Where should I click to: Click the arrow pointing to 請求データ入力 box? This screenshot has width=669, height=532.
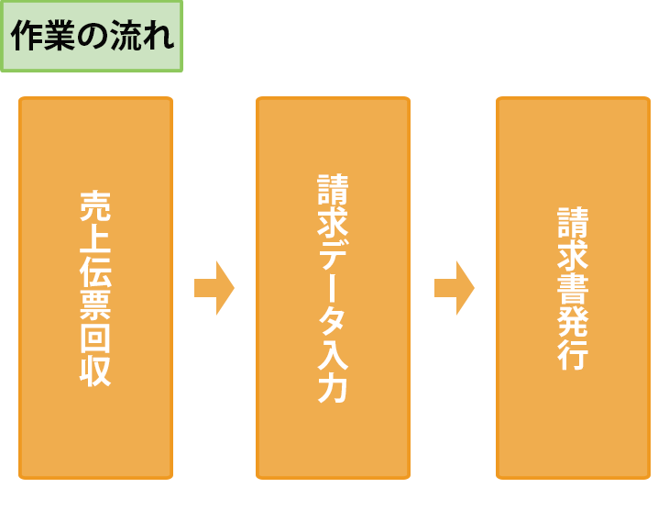pyautogui.click(x=214, y=288)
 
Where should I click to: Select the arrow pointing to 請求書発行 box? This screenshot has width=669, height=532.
pyautogui.click(x=455, y=288)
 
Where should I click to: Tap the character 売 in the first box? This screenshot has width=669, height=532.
pyautogui.click(x=95, y=206)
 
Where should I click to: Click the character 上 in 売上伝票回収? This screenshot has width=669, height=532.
pyautogui.click(x=95, y=239)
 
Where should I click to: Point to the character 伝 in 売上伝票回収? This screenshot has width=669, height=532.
pyautogui.click(x=95, y=272)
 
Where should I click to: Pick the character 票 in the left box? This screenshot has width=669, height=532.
pyautogui.click(x=95, y=305)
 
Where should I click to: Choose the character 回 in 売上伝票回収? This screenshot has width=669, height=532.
pyautogui.click(x=95, y=338)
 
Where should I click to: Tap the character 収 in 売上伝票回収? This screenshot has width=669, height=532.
pyautogui.click(x=95, y=371)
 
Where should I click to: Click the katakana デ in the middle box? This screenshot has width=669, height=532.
pyautogui.click(x=334, y=255)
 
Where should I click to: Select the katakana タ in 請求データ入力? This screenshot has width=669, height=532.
pyautogui.click(x=334, y=321)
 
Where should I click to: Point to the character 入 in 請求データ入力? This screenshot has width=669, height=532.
pyautogui.click(x=334, y=354)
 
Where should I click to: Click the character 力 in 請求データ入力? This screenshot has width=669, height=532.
pyautogui.click(x=334, y=387)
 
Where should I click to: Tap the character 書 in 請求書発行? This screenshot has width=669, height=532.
pyautogui.click(x=573, y=288)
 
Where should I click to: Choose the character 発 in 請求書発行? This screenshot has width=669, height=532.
pyautogui.click(x=573, y=321)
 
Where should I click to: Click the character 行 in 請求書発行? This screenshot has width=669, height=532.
pyautogui.click(x=573, y=354)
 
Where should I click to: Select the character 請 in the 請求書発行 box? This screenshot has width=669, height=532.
pyautogui.click(x=573, y=223)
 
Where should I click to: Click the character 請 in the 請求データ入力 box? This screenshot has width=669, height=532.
pyautogui.click(x=334, y=190)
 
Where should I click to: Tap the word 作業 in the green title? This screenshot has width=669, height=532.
pyautogui.click(x=43, y=36)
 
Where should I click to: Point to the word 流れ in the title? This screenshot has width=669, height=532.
pyautogui.click(x=142, y=36)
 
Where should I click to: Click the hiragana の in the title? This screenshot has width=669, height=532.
pyautogui.click(x=93, y=37)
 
